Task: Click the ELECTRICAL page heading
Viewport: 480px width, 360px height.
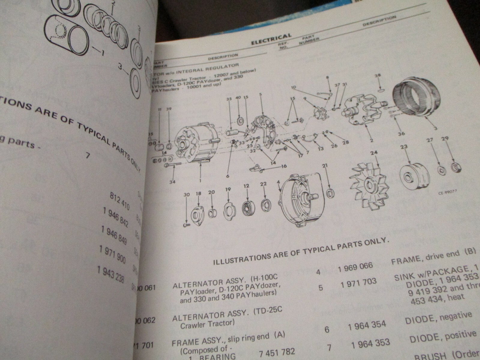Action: [271, 40]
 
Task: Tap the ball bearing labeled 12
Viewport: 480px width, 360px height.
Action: [248, 207]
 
